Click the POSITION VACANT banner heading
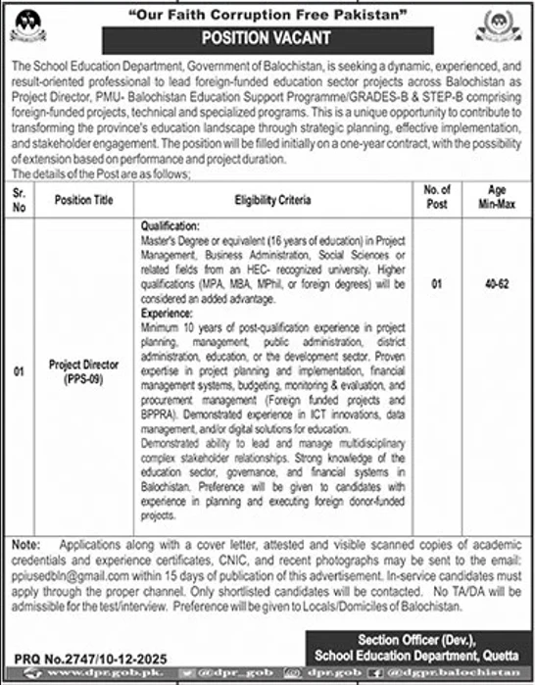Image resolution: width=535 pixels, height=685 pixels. coord(267,38)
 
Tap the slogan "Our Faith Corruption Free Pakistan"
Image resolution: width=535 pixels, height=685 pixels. coord(267,14)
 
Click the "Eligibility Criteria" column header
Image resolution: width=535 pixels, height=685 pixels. coord(273,199)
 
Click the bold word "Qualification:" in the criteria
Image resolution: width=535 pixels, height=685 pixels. coord(170,224)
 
